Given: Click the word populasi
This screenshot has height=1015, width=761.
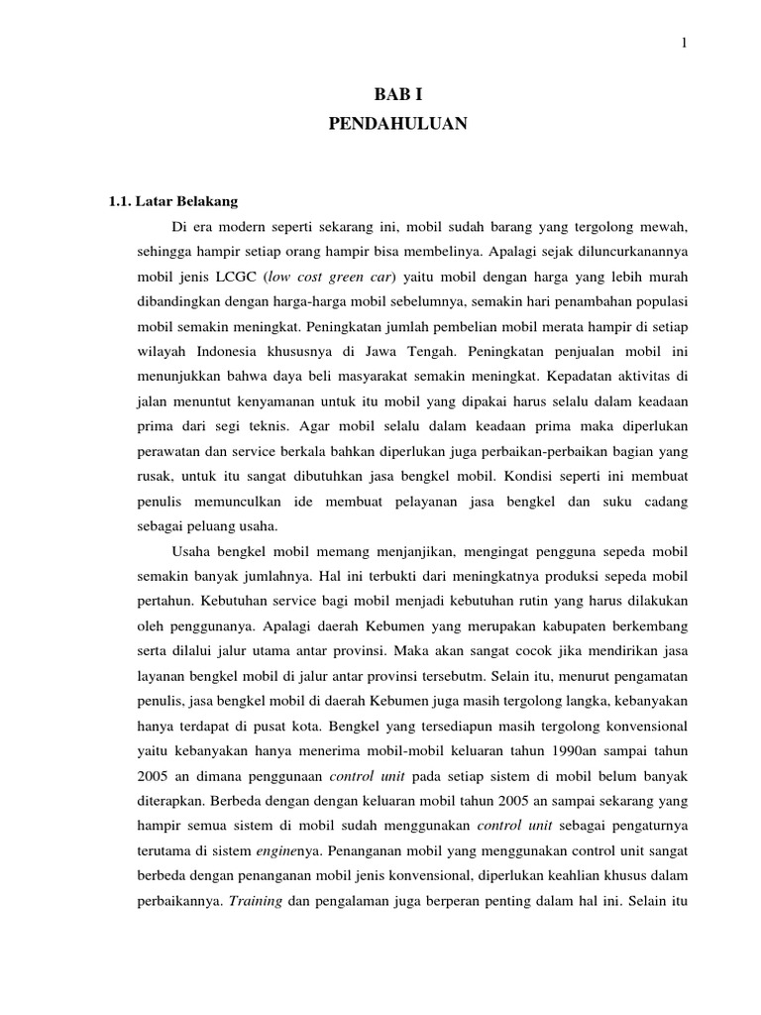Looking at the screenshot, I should point(661,299).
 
